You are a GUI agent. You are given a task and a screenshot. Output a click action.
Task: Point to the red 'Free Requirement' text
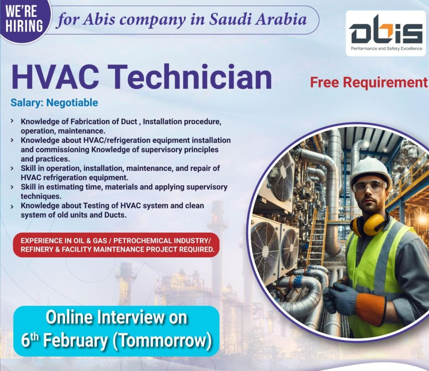[x=369, y=82]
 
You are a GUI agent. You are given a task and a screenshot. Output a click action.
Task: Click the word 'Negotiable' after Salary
[x=72, y=103]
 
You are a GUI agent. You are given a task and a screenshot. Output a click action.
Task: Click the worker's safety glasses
[x=370, y=186]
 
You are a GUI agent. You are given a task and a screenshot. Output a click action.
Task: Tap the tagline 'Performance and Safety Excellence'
[x=387, y=49]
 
